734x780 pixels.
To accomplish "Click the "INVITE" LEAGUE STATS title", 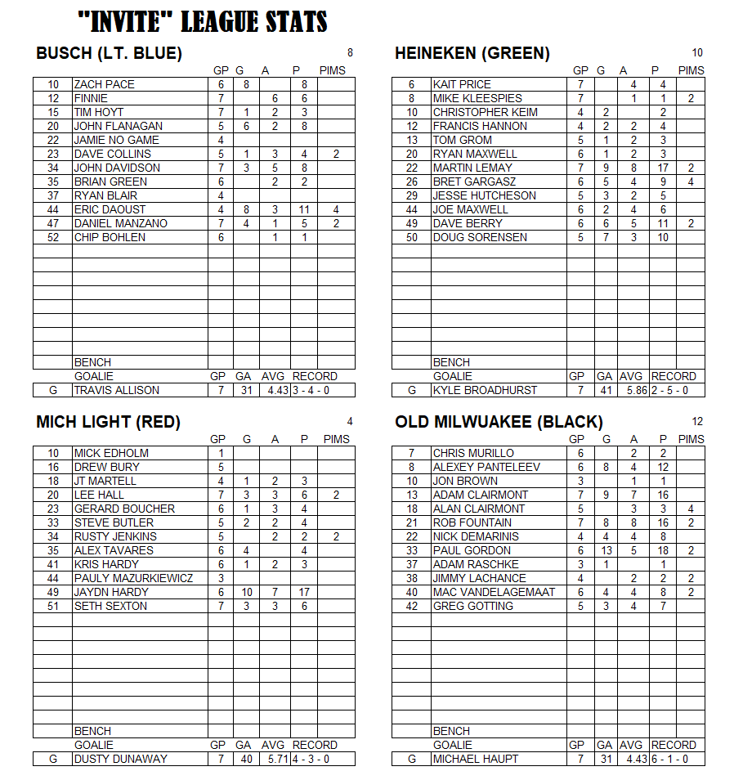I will (x=202, y=21).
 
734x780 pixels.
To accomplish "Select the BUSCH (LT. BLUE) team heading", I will (x=109, y=54).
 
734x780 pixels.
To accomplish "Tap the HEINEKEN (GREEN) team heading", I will (x=472, y=54).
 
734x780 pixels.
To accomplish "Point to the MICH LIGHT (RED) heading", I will (x=108, y=423).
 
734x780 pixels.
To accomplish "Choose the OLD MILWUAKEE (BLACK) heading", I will (x=499, y=423).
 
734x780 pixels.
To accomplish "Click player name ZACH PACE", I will (x=105, y=84).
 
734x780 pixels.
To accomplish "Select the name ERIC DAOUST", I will (x=110, y=209).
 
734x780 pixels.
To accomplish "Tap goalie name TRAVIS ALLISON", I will (x=117, y=390).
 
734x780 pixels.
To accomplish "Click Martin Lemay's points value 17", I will (x=663, y=168).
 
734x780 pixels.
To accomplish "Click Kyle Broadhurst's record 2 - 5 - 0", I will (x=678, y=390).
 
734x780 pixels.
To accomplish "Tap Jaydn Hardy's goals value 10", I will (x=247, y=592).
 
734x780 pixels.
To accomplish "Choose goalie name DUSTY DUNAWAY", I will (x=120, y=759).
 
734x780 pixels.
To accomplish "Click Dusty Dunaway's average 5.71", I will (x=275, y=759).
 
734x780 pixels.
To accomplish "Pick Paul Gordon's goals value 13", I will (x=606, y=550).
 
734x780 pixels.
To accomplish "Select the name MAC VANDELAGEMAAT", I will (x=494, y=592).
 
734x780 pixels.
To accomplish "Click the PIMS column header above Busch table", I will (x=333, y=70).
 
